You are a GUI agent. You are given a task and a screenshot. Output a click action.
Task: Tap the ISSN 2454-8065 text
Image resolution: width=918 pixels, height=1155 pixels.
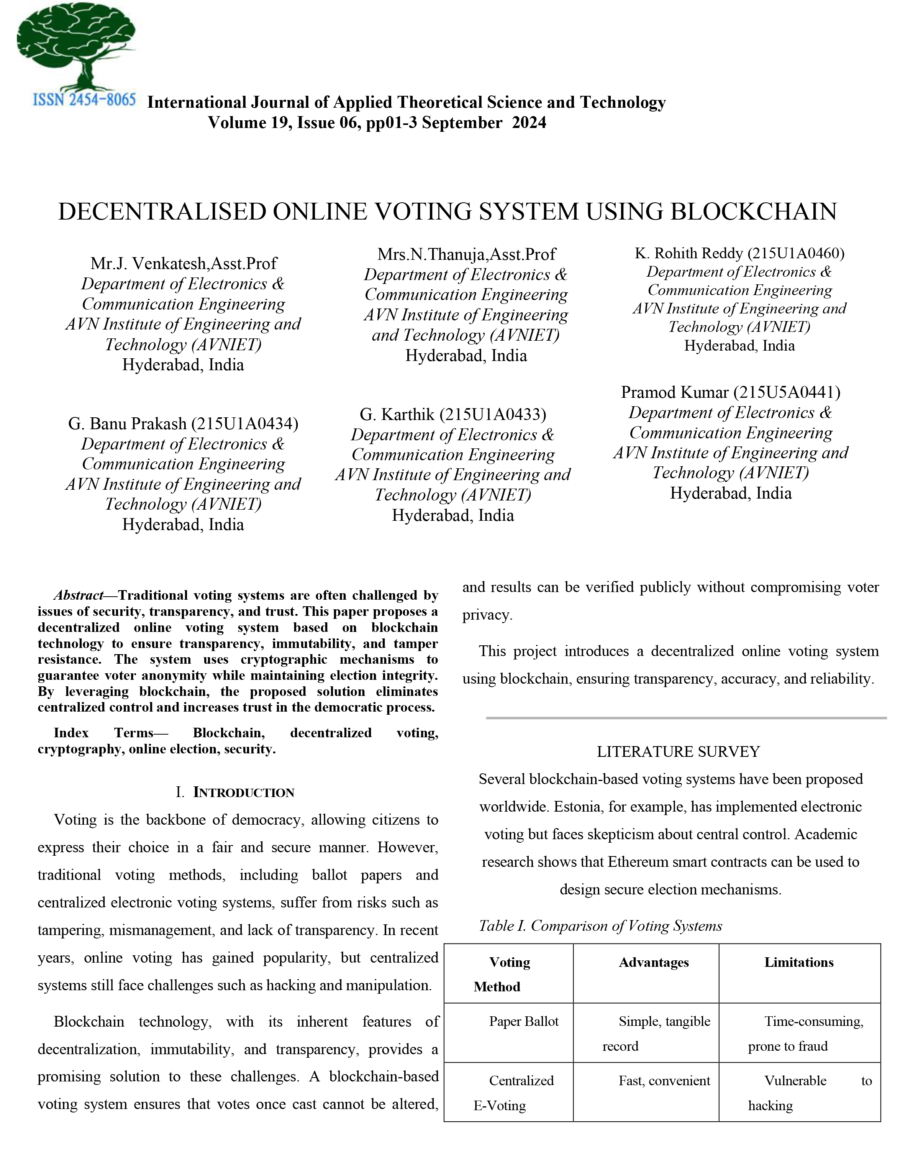[84, 100]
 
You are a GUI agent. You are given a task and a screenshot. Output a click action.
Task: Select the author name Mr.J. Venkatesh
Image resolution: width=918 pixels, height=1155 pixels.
[148, 264]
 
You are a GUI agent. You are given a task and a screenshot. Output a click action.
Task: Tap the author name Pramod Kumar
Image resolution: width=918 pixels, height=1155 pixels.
[674, 392]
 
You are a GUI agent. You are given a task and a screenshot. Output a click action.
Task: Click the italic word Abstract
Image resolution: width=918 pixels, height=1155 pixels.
[78, 595]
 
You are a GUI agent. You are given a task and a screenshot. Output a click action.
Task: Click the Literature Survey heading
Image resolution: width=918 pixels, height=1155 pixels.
[678, 751]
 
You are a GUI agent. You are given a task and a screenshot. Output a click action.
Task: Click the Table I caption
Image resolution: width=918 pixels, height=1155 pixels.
[600, 926]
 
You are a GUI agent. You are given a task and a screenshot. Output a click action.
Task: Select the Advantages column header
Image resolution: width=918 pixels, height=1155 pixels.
[653, 962]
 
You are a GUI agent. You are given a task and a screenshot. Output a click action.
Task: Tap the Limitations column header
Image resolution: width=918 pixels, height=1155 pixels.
[798, 962]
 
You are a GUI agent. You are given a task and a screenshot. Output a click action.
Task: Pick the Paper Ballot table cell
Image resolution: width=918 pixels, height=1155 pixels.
[523, 1021]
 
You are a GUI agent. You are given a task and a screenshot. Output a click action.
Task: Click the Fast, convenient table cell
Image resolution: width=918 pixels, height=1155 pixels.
[664, 1081]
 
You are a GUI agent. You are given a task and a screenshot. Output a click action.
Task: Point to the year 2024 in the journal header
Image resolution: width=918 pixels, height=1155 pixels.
[529, 123]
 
